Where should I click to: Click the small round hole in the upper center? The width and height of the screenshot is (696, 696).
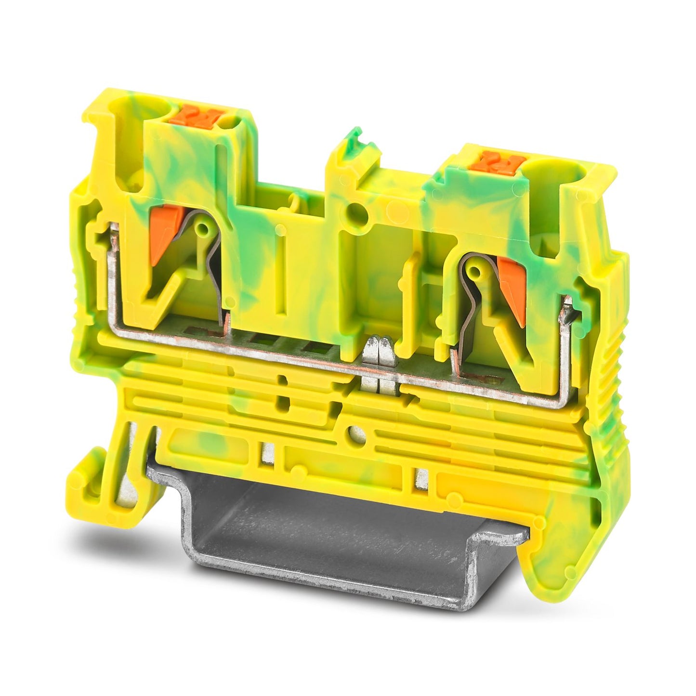(357, 210)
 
